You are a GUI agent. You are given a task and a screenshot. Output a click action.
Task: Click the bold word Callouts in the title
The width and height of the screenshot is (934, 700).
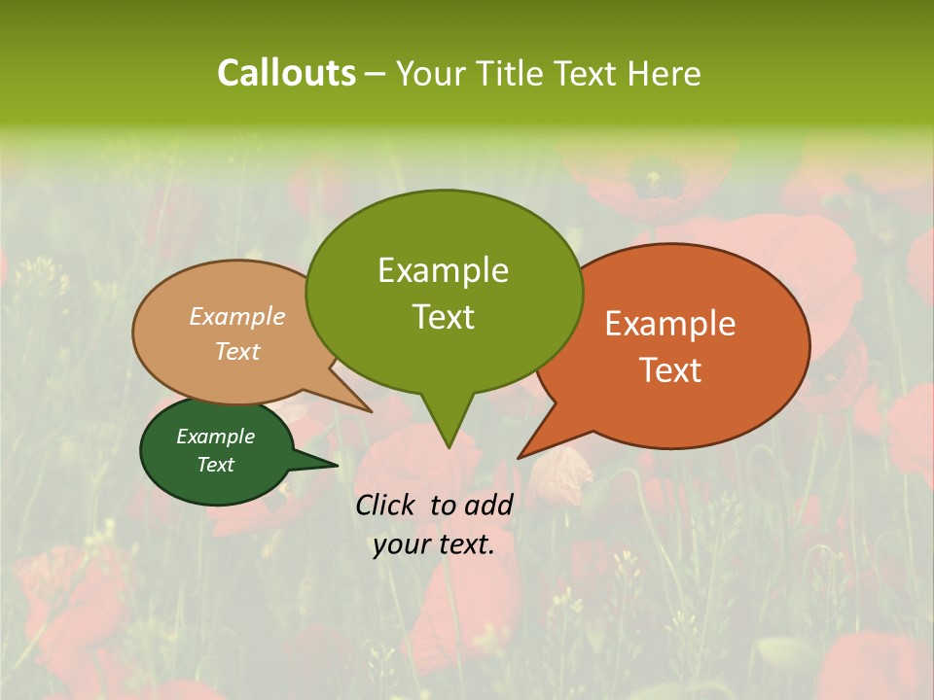click(x=286, y=73)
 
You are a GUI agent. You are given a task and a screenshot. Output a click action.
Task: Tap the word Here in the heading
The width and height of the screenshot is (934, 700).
click(x=665, y=73)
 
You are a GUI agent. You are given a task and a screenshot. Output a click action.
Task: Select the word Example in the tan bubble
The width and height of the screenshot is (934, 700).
click(x=237, y=316)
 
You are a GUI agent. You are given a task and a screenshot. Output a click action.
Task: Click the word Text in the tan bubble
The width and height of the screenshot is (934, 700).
click(x=237, y=351)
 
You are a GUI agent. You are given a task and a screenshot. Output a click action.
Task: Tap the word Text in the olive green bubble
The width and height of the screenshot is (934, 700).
click(x=443, y=316)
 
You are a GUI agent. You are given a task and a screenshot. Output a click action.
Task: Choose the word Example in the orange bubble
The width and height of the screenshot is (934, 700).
click(x=670, y=324)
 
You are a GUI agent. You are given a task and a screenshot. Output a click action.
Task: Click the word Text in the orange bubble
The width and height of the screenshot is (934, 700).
click(x=670, y=369)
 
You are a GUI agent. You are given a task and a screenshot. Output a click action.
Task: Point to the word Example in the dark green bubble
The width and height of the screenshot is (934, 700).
click(x=216, y=437)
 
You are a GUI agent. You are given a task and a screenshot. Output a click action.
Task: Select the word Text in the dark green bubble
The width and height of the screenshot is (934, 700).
click(x=216, y=465)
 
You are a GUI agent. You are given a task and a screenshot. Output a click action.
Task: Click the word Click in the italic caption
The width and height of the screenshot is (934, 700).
click(x=387, y=505)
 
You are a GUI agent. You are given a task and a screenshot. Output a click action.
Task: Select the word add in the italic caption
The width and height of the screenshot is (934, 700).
click(x=488, y=505)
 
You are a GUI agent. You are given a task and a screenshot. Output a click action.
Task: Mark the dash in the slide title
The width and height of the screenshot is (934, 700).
click(x=376, y=74)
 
